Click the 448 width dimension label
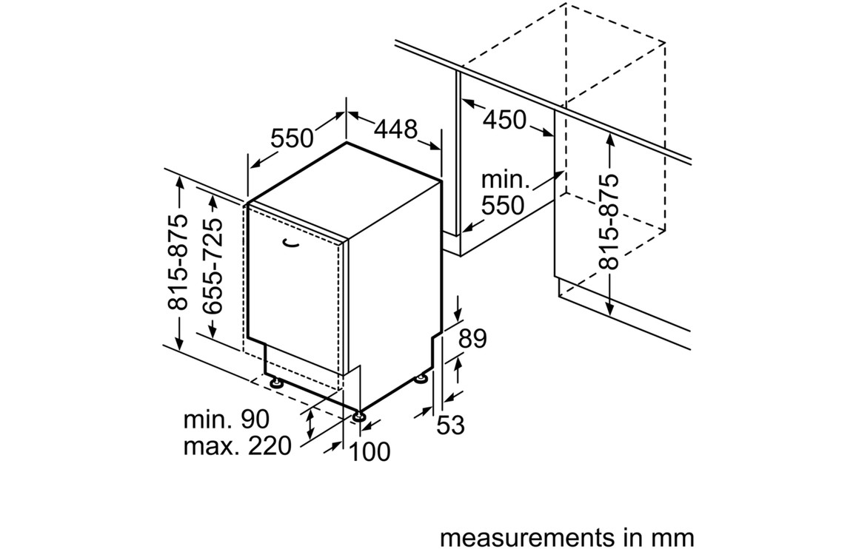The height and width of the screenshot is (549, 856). tap(395, 129)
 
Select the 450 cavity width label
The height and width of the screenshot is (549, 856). tap(504, 118)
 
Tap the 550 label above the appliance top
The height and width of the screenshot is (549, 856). tap(292, 138)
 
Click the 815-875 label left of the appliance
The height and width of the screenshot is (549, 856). tap(178, 263)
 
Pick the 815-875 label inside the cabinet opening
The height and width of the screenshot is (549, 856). tap(609, 221)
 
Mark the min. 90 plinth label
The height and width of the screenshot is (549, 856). tap(227, 420)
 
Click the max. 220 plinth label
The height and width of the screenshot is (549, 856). tap(237, 447)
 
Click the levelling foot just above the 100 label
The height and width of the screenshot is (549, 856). tap(359, 416)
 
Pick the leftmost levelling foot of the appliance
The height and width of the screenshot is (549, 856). tap(277, 383)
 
